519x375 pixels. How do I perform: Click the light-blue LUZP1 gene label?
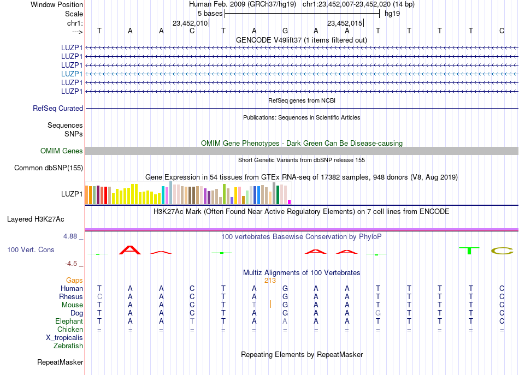72,74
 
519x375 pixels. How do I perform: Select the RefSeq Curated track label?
58,109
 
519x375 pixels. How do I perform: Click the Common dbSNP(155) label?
49,168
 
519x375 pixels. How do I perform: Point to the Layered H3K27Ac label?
36,219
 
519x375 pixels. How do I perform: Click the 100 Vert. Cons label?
31,249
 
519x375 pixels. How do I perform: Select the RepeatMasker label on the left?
60,362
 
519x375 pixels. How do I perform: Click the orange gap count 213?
270,281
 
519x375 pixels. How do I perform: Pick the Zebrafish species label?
68,346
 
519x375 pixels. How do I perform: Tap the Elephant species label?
69,322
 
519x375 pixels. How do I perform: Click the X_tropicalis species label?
64,338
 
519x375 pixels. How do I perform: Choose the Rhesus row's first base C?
99,297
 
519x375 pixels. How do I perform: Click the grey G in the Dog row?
378,313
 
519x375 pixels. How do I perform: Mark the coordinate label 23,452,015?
345,23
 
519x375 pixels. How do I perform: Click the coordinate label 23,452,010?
190,23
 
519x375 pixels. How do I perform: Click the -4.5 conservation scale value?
72,264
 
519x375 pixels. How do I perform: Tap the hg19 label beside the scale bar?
393,13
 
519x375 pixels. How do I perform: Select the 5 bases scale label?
210,13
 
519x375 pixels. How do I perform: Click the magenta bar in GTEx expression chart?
290,202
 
